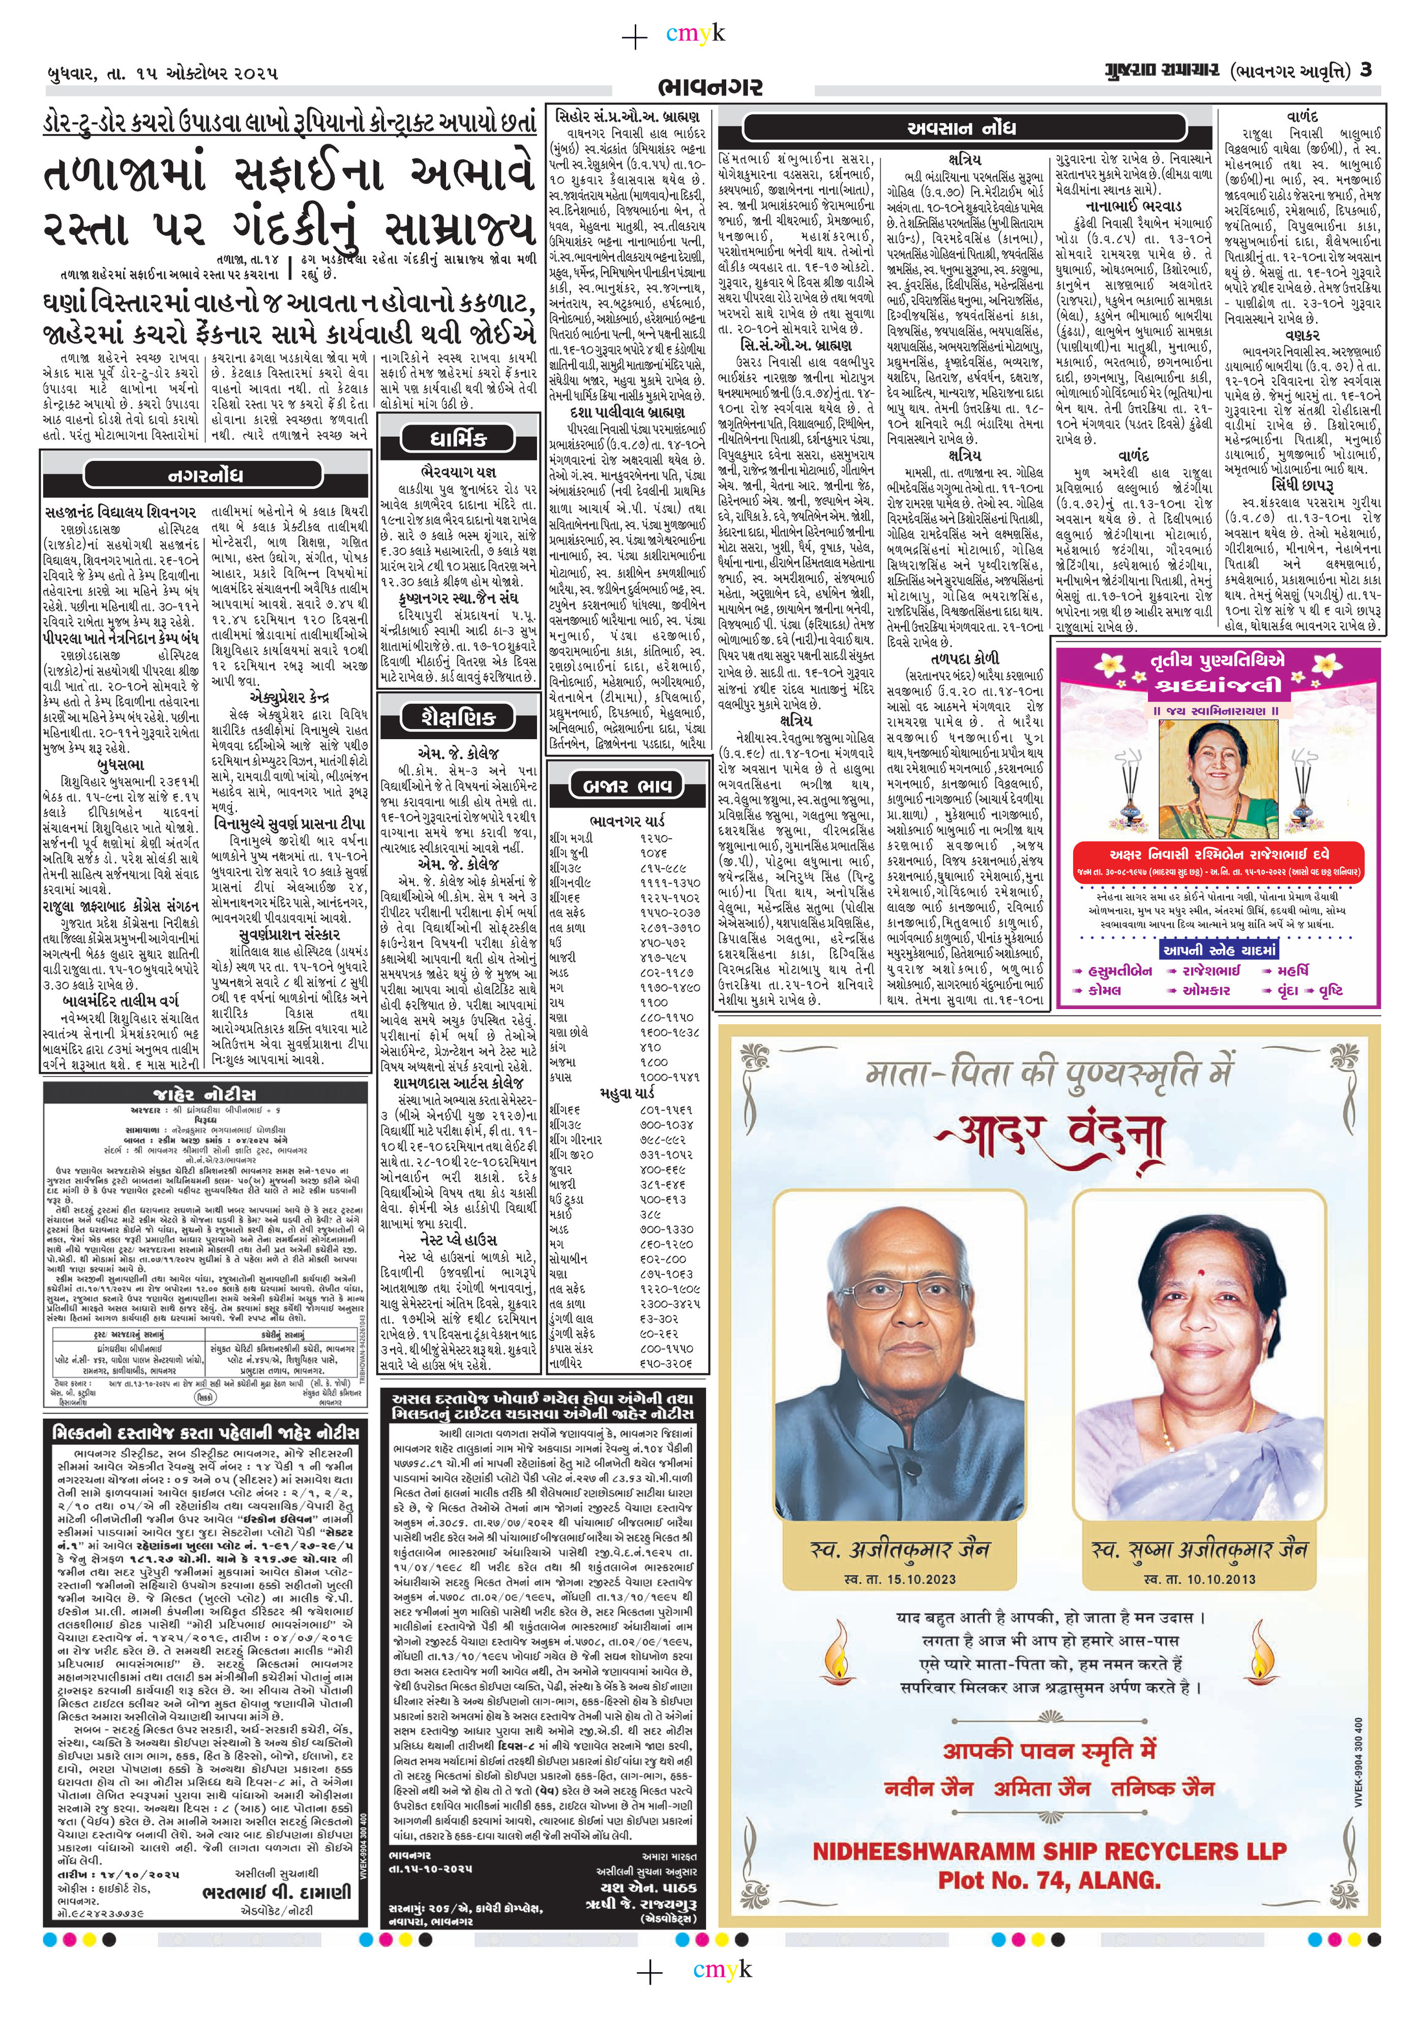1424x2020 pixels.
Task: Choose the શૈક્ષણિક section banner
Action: [458, 717]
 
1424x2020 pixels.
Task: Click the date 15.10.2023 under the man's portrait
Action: [899, 1579]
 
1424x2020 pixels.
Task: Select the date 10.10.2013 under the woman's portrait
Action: [1200, 1579]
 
